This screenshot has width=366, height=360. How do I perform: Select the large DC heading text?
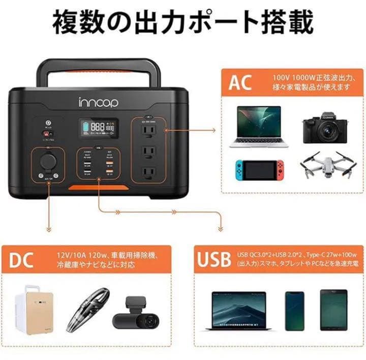pyautogui.click(x=21, y=259)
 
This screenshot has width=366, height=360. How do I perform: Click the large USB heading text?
pyautogui.click(x=214, y=259)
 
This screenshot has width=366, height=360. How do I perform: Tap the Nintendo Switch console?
pyautogui.click(x=259, y=170)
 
